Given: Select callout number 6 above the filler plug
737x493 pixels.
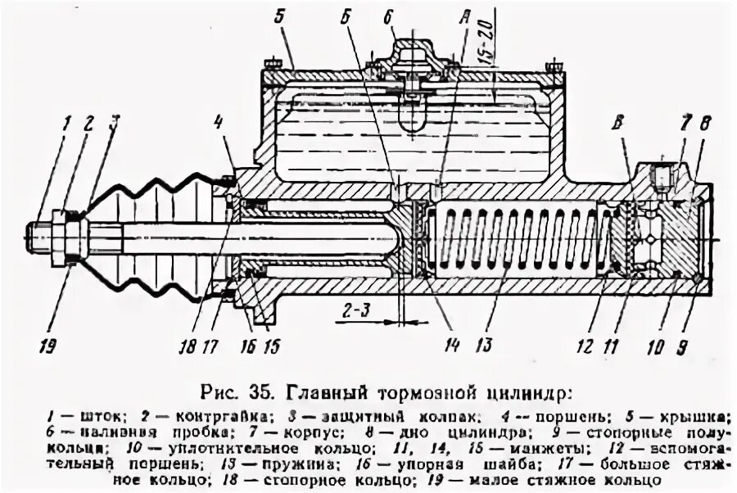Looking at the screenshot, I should point(387,16).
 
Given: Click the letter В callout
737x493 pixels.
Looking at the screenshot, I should point(621,126).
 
